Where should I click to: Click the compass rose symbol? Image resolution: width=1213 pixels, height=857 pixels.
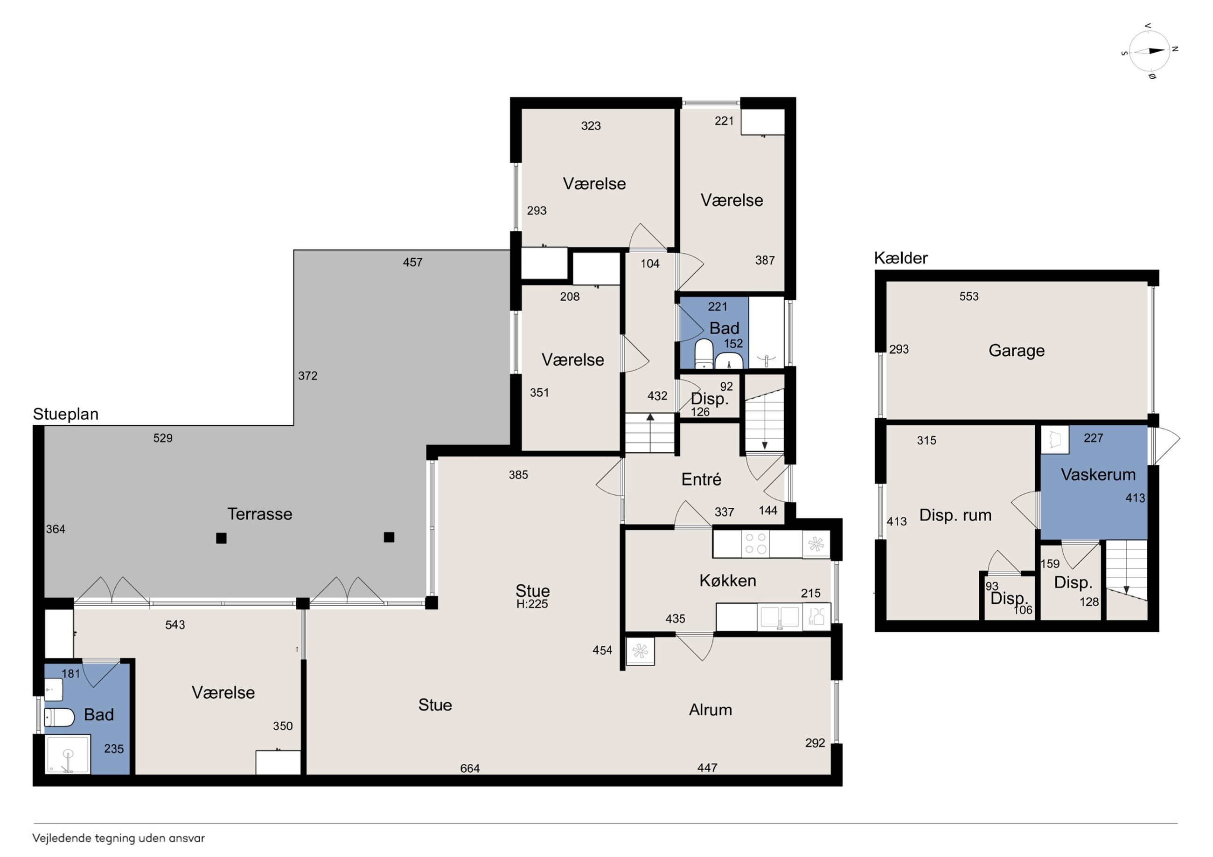(x=1150, y=51)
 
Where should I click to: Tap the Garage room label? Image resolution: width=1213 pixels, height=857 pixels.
(x=1017, y=351)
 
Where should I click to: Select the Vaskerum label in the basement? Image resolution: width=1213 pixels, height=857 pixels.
(x=1098, y=474)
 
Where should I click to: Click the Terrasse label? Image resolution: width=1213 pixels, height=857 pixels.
(x=259, y=514)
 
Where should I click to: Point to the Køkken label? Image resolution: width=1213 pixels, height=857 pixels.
(x=727, y=581)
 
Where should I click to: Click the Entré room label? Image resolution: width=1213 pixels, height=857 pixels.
(x=701, y=479)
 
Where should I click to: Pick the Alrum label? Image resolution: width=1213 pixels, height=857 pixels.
(x=710, y=710)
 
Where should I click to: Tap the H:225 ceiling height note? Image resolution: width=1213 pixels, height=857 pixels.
(x=532, y=604)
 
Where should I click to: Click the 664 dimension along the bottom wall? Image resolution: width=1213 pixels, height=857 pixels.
(x=470, y=768)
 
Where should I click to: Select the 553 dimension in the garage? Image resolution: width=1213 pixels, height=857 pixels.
(x=969, y=296)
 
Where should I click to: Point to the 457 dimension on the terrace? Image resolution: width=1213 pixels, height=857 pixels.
(x=412, y=262)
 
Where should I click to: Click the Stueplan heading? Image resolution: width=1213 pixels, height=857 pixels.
(x=65, y=414)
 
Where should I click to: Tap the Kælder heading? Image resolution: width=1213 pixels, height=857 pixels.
(x=901, y=258)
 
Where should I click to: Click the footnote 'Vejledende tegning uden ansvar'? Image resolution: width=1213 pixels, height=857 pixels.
(x=119, y=838)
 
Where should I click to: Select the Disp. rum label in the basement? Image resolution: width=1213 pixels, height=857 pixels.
(x=955, y=515)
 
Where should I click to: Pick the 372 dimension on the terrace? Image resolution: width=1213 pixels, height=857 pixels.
(x=307, y=375)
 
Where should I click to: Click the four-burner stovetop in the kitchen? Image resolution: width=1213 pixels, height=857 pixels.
(x=755, y=543)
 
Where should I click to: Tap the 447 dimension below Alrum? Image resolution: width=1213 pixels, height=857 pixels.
(x=707, y=768)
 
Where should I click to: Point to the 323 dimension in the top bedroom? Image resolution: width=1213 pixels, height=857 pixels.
(x=591, y=126)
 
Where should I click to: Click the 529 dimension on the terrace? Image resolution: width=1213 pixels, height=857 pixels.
(x=163, y=438)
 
